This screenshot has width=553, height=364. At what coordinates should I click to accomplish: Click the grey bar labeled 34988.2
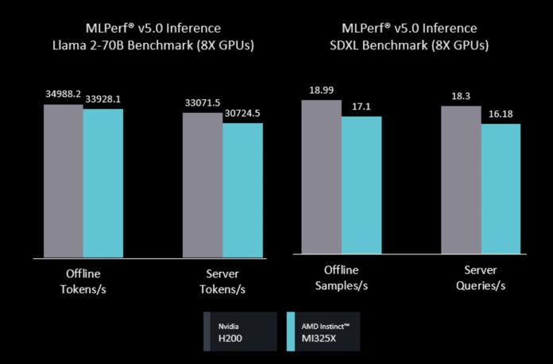click(x=64, y=180)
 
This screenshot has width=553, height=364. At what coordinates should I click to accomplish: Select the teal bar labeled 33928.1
click(x=103, y=183)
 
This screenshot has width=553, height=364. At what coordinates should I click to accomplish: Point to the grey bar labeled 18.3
click(x=461, y=180)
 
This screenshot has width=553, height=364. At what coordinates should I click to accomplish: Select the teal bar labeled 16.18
click(x=501, y=188)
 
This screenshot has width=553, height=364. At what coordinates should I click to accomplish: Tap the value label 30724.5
click(x=243, y=114)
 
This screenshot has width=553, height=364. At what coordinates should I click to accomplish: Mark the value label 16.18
click(x=501, y=114)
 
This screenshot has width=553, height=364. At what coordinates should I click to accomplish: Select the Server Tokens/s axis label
click(x=222, y=281)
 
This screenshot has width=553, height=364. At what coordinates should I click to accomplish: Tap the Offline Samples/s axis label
click(x=342, y=277)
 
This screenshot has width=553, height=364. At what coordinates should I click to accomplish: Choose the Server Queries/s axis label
click(x=480, y=277)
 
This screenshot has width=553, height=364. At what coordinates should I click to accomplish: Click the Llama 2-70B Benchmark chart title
click(x=141, y=37)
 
